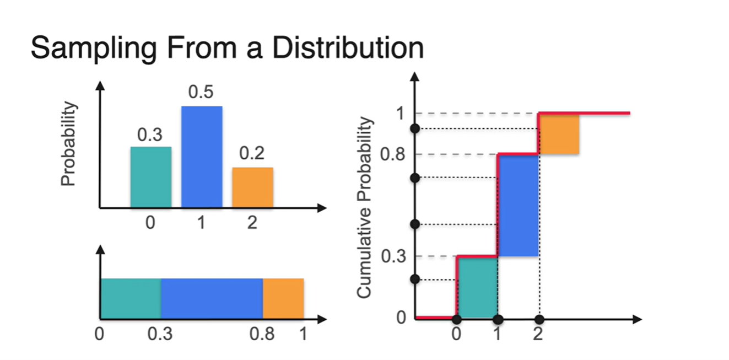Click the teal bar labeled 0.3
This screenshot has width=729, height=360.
tap(150, 178)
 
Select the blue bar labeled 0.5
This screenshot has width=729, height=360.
tap(202, 157)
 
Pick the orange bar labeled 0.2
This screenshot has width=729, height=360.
tap(252, 187)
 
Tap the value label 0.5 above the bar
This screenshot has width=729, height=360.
tap(201, 92)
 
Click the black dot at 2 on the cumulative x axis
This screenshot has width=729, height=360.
tap(539, 319)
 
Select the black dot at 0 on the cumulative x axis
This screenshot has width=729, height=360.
tap(456, 319)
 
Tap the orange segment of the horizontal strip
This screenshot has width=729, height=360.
tap(283, 298)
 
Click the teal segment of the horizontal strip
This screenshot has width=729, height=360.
tap(131, 298)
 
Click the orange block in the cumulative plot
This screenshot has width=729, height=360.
tap(559, 134)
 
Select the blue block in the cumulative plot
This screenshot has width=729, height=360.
tap(518, 205)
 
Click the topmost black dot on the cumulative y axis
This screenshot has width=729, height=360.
tap(415, 128)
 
